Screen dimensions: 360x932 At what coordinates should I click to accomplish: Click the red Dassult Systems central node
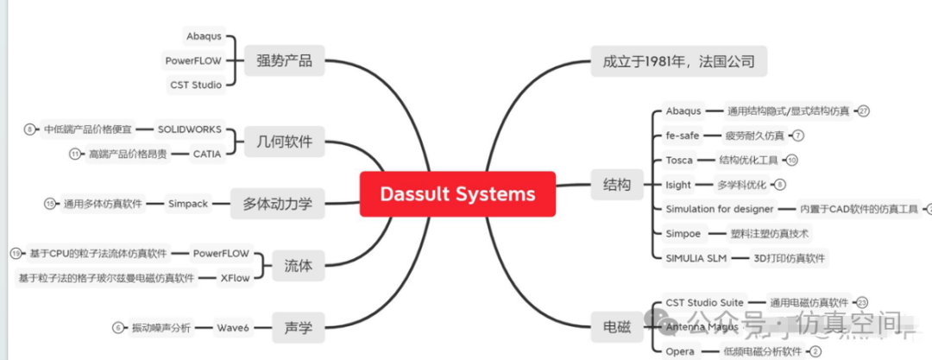[457, 193]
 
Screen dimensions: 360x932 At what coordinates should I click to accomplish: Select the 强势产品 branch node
[284, 60]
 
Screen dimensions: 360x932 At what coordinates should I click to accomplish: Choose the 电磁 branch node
[616, 327]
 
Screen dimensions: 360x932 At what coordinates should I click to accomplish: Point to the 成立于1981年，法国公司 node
[678, 61]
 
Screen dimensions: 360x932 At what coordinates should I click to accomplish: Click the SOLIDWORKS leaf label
[189, 129]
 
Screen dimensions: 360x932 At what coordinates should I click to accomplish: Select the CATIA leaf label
[206, 154]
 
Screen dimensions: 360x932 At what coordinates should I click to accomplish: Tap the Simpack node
[188, 204]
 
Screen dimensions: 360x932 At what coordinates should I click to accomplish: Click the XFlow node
[235, 277]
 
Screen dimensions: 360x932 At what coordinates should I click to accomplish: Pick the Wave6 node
[233, 327]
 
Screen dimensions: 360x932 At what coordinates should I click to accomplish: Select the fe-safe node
[682, 135]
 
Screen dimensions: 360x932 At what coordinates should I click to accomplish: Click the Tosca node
[679, 160]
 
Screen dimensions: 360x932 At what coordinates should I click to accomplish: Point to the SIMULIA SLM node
[696, 257]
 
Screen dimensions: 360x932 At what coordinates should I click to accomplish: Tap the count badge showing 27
[863, 111]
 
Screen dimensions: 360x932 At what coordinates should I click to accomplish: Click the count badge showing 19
[16, 253]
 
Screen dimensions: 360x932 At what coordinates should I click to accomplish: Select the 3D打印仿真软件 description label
[789, 257]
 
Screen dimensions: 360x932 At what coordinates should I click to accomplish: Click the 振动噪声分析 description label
[161, 327]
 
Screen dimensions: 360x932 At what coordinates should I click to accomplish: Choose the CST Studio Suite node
[704, 302]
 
